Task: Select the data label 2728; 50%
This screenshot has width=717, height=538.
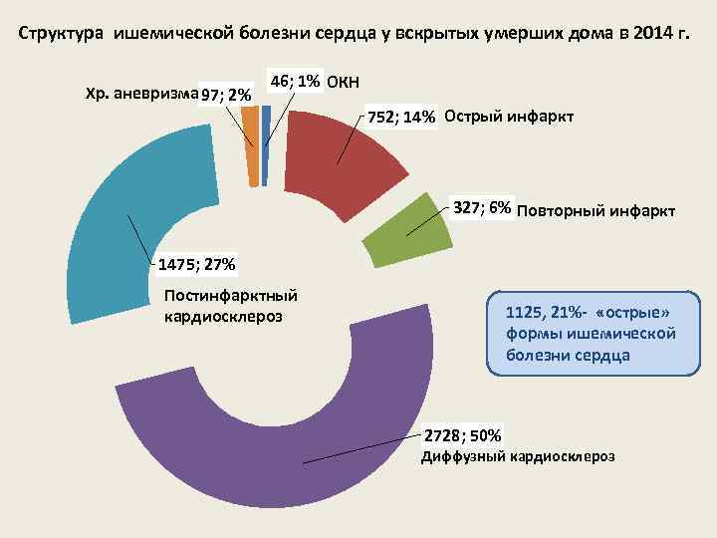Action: click(x=464, y=435)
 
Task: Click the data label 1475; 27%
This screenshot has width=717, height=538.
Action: click(x=195, y=265)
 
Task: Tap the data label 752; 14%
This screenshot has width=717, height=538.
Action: click(x=401, y=117)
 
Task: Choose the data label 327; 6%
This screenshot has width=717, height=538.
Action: click(x=482, y=208)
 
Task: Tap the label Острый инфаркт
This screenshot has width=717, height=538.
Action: click(x=509, y=116)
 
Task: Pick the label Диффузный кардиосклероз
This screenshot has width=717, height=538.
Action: click(x=518, y=456)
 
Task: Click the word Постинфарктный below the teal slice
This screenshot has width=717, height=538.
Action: click(x=231, y=296)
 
